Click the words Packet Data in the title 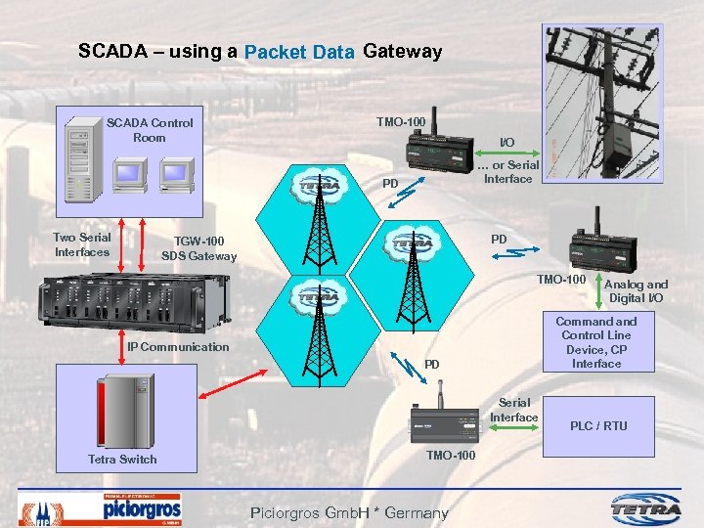pos(299,52)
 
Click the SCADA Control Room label pos(150,130)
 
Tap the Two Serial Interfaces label pos(82,244)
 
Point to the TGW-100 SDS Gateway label pos(198,248)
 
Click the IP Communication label pos(178,346)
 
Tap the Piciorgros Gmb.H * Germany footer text pos(349,512)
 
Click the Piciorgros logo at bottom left pos(142,508)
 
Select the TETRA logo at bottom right pos(646,508)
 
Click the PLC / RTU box pos(598,425)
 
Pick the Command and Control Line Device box pos(596,342)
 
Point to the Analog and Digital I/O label pos(638,290)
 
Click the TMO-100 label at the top pos(401,122)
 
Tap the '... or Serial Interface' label pos(508,171)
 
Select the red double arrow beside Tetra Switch pos(225,385)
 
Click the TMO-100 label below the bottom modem pos(452,456)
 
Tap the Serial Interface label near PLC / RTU pos(514,410)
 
